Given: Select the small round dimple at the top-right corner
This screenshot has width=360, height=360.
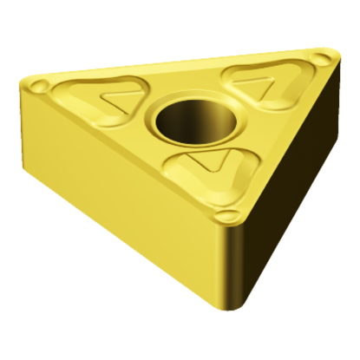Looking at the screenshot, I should click(324, 60).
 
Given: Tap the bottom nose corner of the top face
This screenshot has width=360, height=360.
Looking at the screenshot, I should click(231, 226).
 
